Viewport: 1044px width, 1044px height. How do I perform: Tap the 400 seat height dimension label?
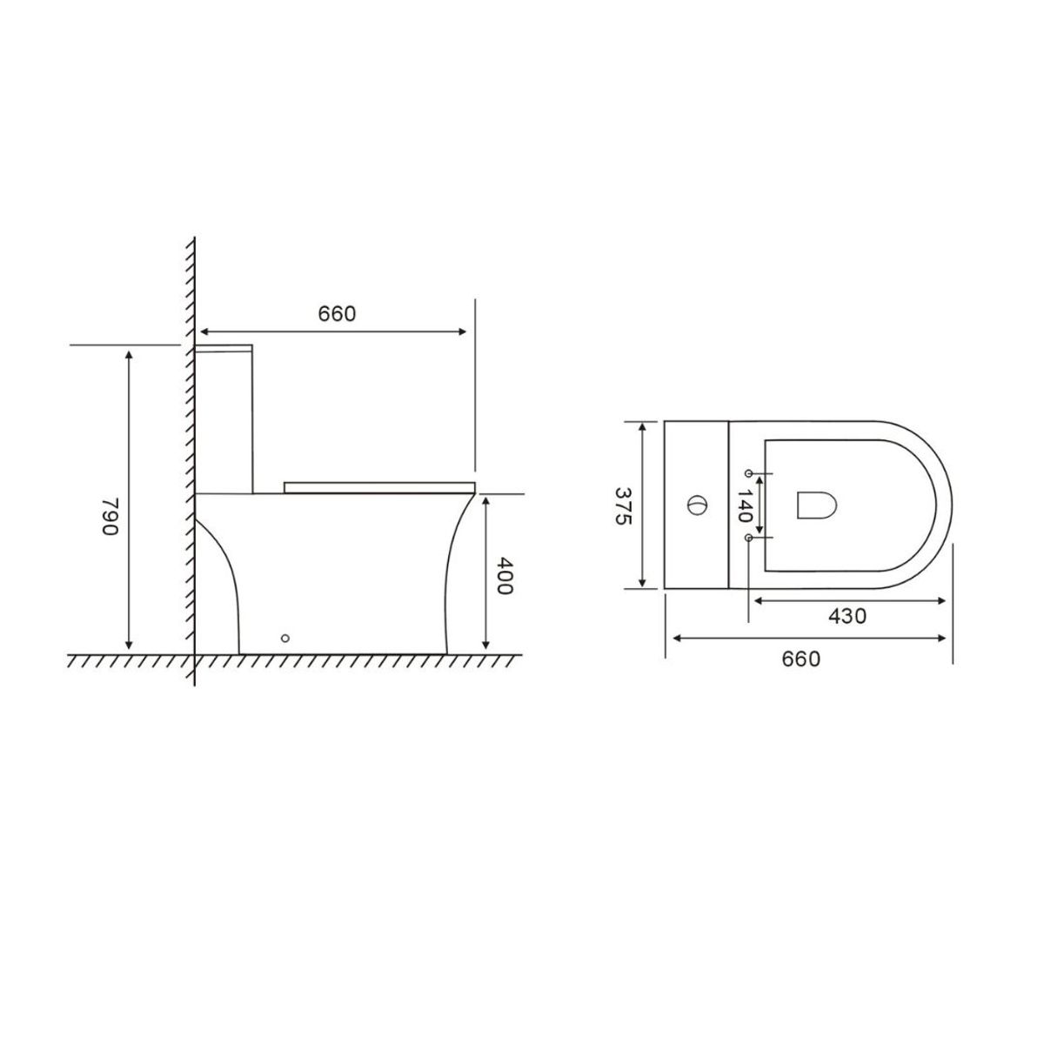(504, 575)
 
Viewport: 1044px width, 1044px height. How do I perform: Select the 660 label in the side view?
(337, 314)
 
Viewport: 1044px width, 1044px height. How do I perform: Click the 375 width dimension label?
(623, 505)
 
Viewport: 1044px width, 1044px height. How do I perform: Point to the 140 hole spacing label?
(745, 505)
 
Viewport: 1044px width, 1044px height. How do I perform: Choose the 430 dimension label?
(847, 616)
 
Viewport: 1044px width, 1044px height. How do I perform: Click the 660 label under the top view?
(800, 659)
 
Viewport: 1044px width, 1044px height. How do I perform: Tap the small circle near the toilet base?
(285, 639)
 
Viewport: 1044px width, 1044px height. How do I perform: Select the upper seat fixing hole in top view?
(749, 473)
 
